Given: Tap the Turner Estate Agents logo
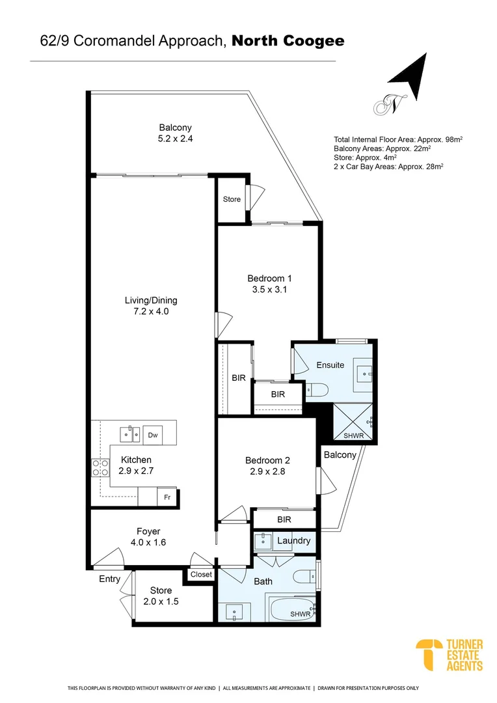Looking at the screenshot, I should pos(450,655).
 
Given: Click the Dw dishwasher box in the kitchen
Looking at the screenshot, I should pos(153,435).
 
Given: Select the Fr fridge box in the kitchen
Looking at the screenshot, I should pos(167,497).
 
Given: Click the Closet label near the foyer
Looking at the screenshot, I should pos(201,575).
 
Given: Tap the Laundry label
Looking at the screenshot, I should pos(293,541).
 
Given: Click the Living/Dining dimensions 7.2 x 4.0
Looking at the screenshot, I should pos(151,312).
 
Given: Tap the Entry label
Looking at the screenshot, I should pos(109,579).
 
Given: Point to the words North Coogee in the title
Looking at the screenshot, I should pos(288,42).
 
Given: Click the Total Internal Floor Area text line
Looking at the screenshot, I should pos(397,139).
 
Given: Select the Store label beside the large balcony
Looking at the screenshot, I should pos(232,199).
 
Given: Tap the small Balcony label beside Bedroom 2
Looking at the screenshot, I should pos(340,454).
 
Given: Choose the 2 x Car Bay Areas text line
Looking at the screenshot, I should pos(388,167).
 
